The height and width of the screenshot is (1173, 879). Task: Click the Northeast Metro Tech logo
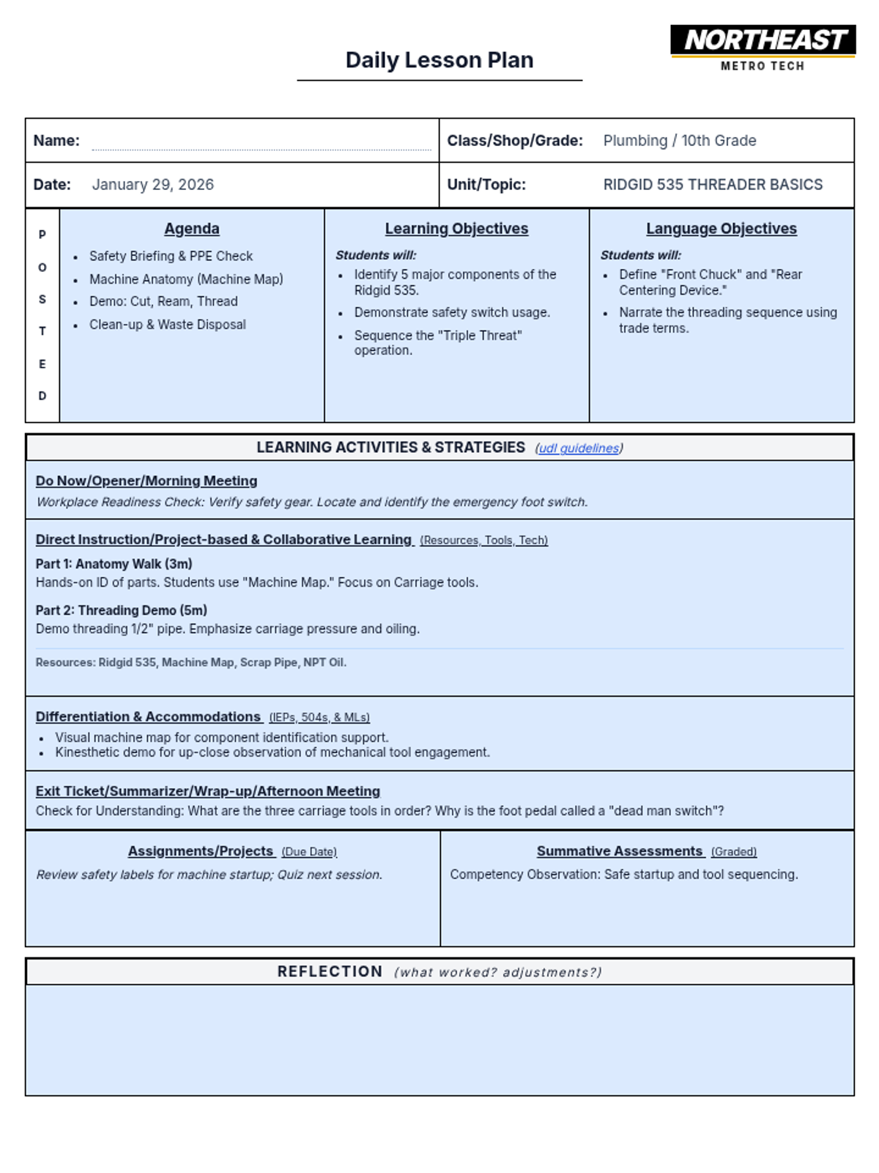coord(763,48)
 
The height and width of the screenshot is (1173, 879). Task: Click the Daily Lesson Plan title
coord(439,60)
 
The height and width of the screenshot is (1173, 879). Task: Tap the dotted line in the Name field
coord(261,148)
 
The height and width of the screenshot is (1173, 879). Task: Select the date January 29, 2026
coord(152,185)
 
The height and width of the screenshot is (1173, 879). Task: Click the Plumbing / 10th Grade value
coord(679,141)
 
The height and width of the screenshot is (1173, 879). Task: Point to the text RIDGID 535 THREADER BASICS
coord(712,185)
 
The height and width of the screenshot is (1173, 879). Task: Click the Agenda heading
coord(192,229)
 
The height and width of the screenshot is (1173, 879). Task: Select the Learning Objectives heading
coord(456,229)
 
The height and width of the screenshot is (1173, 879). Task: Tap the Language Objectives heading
coord(721,229)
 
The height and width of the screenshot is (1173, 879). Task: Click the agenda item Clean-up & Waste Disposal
coord(167,325)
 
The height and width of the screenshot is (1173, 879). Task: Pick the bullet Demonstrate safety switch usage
coord(452,312)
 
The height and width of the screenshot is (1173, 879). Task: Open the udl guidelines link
coord(579,448)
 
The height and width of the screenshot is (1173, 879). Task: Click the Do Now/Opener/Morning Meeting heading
coord(146,481)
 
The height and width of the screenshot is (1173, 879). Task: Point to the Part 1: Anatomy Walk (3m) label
coord(114,564)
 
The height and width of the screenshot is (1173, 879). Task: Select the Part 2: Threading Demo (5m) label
coord(121,610)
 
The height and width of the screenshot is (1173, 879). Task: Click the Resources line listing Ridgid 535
coord(190,662)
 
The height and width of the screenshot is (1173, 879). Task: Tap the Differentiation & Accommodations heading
coord(148,716)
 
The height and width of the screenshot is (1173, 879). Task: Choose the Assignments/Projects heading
coord(200,851)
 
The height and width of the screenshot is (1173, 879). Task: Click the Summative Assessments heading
coord(619,851)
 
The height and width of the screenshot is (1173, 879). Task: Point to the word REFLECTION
coord(330,971)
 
